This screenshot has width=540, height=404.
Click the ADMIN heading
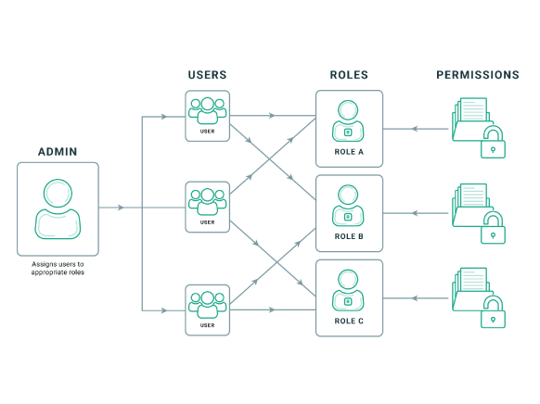(x=58, y=152)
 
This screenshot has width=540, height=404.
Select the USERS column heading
(x=207, y=75)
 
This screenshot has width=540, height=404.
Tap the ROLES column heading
(x=349, y=75)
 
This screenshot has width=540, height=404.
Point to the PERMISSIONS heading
(x=478, y=75)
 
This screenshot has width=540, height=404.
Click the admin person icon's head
(x=58, y=193)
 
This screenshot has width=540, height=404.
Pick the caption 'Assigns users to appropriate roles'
(x=58, y=268)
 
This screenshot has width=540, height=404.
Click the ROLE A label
(x=349, y=152)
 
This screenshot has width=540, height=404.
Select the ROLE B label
(x=349, y=236)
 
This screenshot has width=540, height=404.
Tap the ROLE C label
(x=349, y=322)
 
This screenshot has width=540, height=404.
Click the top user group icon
(x=207, y=110)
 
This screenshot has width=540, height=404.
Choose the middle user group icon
(x=207, y=202)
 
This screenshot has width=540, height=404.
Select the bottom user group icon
(x=207, y=305)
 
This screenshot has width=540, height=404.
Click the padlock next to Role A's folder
(x=493, y=143)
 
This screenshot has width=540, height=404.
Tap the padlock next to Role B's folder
(x=493, y=228)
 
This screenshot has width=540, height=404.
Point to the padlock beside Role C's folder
(x=493, y=312)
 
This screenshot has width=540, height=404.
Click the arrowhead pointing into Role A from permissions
(x=415, y=129)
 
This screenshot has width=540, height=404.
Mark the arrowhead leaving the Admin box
(x=121, y=208)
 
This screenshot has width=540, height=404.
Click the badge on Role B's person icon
(x=348, y=217)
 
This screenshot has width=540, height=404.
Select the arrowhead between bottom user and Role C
(x=272, y=309)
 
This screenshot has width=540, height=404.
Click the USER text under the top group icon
(x=207, y=132)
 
